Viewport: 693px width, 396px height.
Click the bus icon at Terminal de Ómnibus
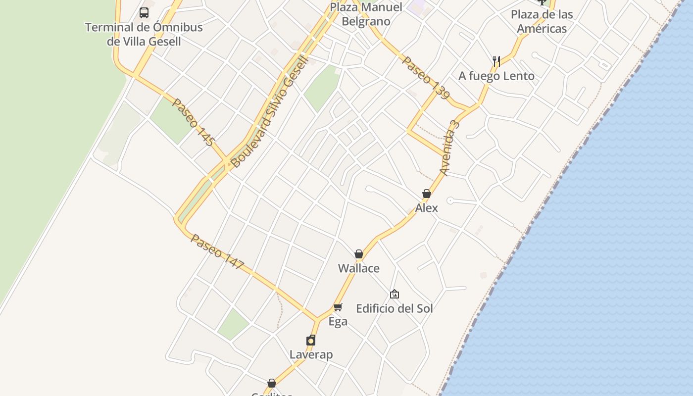[144, 13]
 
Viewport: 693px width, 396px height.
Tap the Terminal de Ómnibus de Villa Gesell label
[144, 34]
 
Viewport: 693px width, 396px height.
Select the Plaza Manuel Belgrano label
[366, 14]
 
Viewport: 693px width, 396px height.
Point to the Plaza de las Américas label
[542, 21]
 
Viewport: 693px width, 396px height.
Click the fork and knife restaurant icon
[496, 61]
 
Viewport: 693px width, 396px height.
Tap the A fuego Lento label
[496, 76]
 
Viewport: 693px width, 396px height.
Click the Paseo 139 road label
[425, 78]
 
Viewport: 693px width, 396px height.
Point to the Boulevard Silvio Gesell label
[270, 111]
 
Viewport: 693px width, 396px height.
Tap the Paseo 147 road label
[218, 252]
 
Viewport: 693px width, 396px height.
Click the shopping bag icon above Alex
[427, 194]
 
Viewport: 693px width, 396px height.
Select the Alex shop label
[427, 208]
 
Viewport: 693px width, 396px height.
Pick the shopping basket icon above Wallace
[359, 254]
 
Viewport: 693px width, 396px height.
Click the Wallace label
[359, 268]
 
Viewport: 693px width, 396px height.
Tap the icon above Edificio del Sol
[395, 294]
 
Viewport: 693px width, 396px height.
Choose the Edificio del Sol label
[395, 308]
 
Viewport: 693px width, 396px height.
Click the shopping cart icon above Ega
[338, 307]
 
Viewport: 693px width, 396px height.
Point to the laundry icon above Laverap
[311, 340]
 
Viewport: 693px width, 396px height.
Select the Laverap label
[311, 354]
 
